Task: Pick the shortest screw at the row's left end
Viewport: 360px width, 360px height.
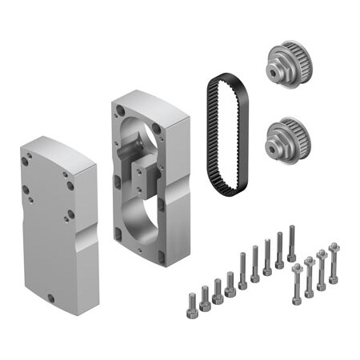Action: [193, 300]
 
